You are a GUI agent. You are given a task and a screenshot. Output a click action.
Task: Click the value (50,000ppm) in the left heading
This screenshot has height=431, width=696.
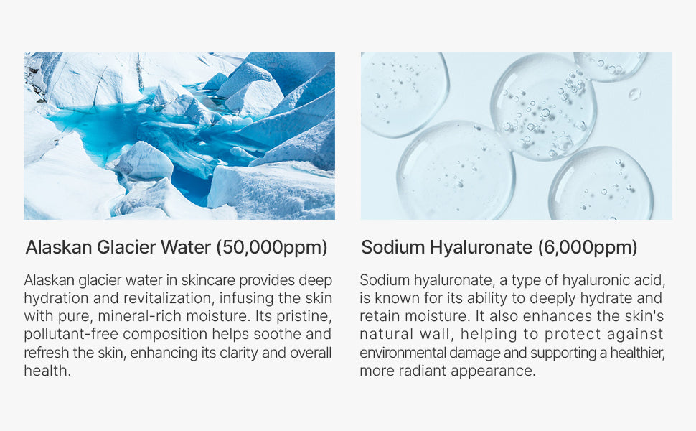272,248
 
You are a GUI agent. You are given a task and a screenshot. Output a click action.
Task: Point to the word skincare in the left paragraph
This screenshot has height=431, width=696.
210,280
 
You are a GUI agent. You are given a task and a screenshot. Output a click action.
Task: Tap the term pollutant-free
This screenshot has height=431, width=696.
72,335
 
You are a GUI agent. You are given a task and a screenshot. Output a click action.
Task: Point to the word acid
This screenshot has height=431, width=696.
650,280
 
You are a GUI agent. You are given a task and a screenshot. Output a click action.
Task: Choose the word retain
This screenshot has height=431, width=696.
380,316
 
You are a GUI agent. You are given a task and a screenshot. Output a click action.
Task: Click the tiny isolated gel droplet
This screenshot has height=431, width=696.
635,94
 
